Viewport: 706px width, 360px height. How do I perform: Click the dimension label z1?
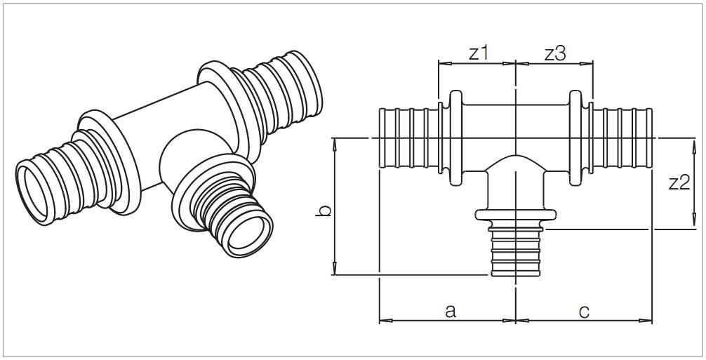[x=478, y=53]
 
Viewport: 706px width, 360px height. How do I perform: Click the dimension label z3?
[x=554, y=53]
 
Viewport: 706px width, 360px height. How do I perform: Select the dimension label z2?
[x=679, y=183]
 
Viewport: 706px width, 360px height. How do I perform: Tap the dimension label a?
[x=451, y=309]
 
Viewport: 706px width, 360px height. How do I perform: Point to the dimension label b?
[x=322, y=210]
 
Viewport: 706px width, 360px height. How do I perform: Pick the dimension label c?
[x=584, y=309]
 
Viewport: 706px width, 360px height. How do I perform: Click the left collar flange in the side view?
[x=456, y=138]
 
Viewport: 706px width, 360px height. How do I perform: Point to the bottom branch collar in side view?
[x=516, y=213]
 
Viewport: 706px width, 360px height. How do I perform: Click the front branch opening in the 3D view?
[x=245, y=234]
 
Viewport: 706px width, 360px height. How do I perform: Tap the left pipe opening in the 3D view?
[x=39, y=185]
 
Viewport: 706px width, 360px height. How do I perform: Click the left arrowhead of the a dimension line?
[x=383, y=321]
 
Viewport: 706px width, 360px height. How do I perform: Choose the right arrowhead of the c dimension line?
[x=648, y=321]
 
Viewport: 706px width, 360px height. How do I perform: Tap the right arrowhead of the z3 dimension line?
[x=588, y=64]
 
